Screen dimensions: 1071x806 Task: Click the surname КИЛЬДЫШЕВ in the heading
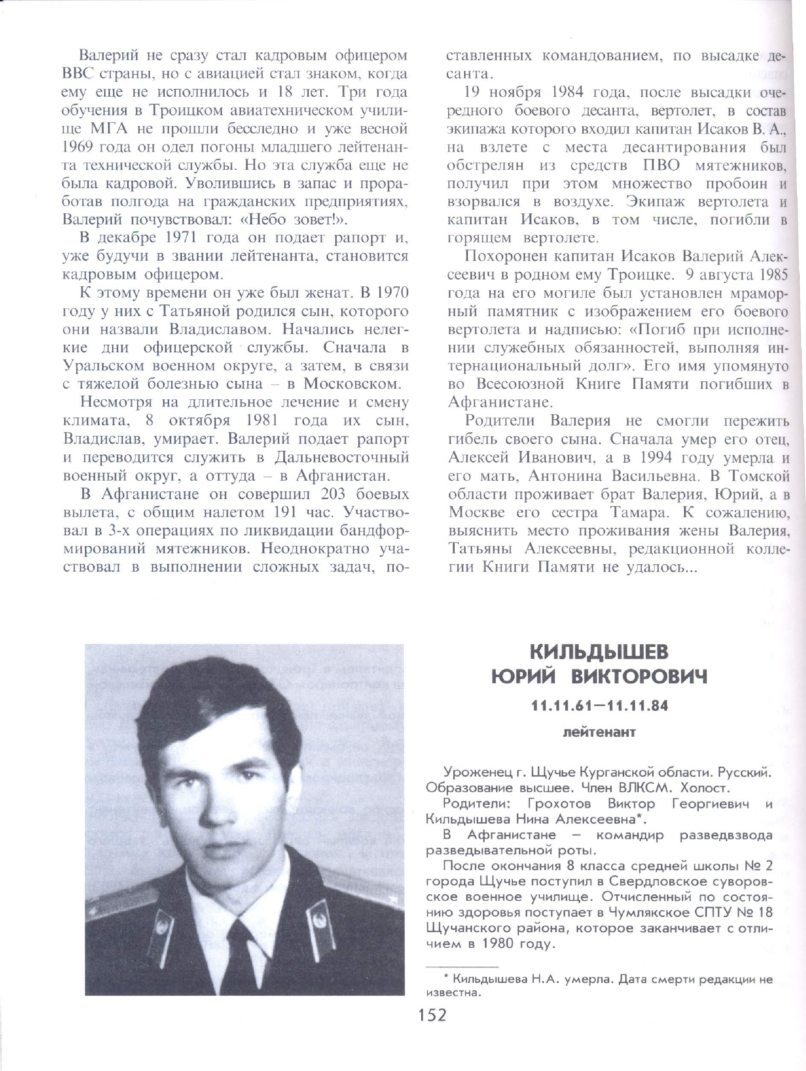[599, 652]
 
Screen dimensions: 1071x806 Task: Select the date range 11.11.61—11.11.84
[599, 706]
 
